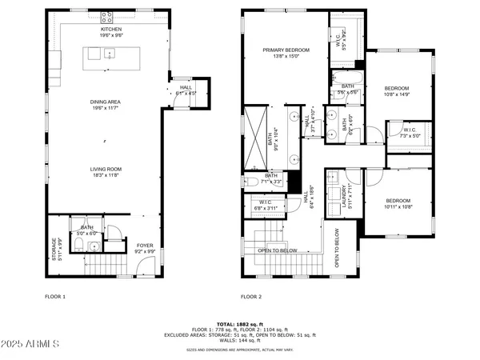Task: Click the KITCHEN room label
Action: [x=110, y=28]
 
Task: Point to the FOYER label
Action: [x=144, y=246]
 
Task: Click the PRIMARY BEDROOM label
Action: [x=286, y=50]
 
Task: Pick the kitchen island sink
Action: [x=110, y=54]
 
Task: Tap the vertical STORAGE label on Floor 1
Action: [x=55, y=250]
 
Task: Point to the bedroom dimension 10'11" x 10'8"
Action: [x=398, y=207]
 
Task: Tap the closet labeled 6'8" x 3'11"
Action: [x=264, y=204]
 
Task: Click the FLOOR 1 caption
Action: [x=54, y=295]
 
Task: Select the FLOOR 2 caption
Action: [x=250, y=295]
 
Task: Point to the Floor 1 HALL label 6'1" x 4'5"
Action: [x=185, y=90]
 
